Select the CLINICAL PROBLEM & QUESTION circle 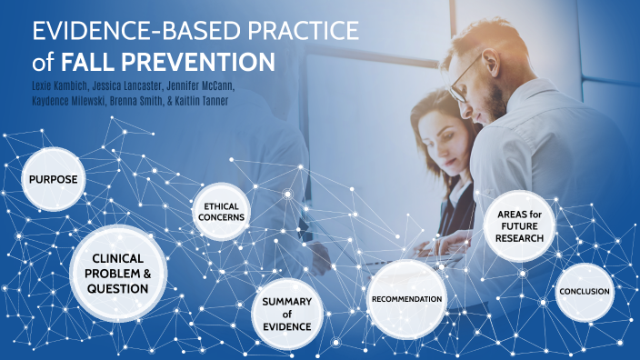point(118,274)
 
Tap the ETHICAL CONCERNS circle point(221,213)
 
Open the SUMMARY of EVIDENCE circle point(287,314)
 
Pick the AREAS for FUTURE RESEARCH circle point(520,226)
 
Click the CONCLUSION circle point(585,292)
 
